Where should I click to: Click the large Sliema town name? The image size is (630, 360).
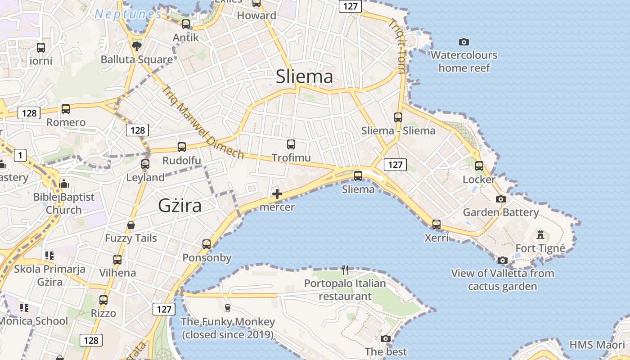304,76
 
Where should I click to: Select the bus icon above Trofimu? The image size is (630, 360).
291,144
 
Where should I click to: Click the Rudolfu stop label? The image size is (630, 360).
182,161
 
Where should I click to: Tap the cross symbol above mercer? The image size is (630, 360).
277,194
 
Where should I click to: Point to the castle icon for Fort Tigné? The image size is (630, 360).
540,234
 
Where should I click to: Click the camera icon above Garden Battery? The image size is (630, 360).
500,199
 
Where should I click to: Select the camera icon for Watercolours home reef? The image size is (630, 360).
464,42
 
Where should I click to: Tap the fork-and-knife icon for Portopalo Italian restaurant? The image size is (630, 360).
345,270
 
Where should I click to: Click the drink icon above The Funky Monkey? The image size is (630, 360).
227,308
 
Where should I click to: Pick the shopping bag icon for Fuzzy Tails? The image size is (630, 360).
131,225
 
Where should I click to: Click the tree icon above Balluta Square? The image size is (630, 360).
136,45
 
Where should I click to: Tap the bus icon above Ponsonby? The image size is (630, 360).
207,244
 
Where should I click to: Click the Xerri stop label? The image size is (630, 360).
436,238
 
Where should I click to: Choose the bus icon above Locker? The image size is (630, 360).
479,166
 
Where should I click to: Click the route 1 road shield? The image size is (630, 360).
19,156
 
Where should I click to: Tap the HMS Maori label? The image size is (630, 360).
597,345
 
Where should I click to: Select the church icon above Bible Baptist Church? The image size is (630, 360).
64,184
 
